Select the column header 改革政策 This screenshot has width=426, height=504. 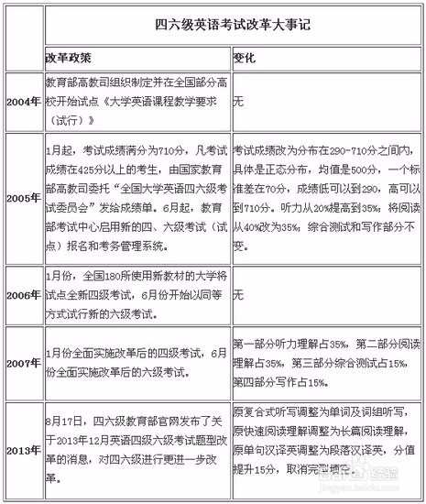(69, 57)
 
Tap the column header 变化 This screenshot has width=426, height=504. (245, 57)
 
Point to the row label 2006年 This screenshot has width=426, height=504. (24, 296)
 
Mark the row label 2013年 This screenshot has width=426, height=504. (24, 452)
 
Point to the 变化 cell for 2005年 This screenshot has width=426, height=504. (325, 194)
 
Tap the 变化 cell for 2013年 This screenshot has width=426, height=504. (325, 452)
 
